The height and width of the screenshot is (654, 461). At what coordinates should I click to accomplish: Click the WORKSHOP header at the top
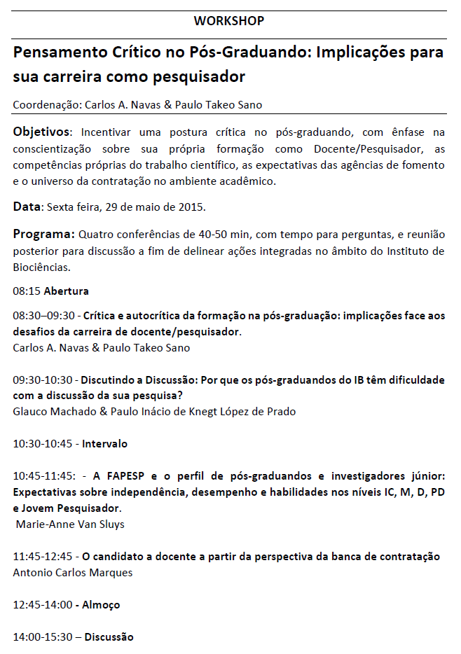tap(229, 21)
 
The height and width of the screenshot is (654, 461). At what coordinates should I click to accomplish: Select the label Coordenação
tap(46, 105)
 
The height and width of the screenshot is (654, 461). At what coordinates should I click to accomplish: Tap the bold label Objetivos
tap(41, 132)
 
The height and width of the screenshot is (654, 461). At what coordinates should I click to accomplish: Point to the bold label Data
tap(27, 207)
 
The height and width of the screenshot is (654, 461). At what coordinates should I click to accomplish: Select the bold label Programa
tap(43, 234)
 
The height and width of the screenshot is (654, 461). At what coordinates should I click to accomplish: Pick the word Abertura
tap(66, 290)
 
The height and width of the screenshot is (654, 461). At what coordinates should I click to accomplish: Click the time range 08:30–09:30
tap(43, 316)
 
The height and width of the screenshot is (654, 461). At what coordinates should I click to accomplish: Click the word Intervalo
tap(105, 444)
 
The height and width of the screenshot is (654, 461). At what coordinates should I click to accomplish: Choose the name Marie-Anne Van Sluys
tap(68, 524)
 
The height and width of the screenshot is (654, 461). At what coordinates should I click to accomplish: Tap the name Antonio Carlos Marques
tap(73, 573)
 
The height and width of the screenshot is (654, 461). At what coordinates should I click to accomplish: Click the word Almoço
tap(102, 604)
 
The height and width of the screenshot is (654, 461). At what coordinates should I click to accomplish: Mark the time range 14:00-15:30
tap(43, 637)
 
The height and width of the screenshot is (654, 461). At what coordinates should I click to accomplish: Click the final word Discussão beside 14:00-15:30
tap(109, 637)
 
